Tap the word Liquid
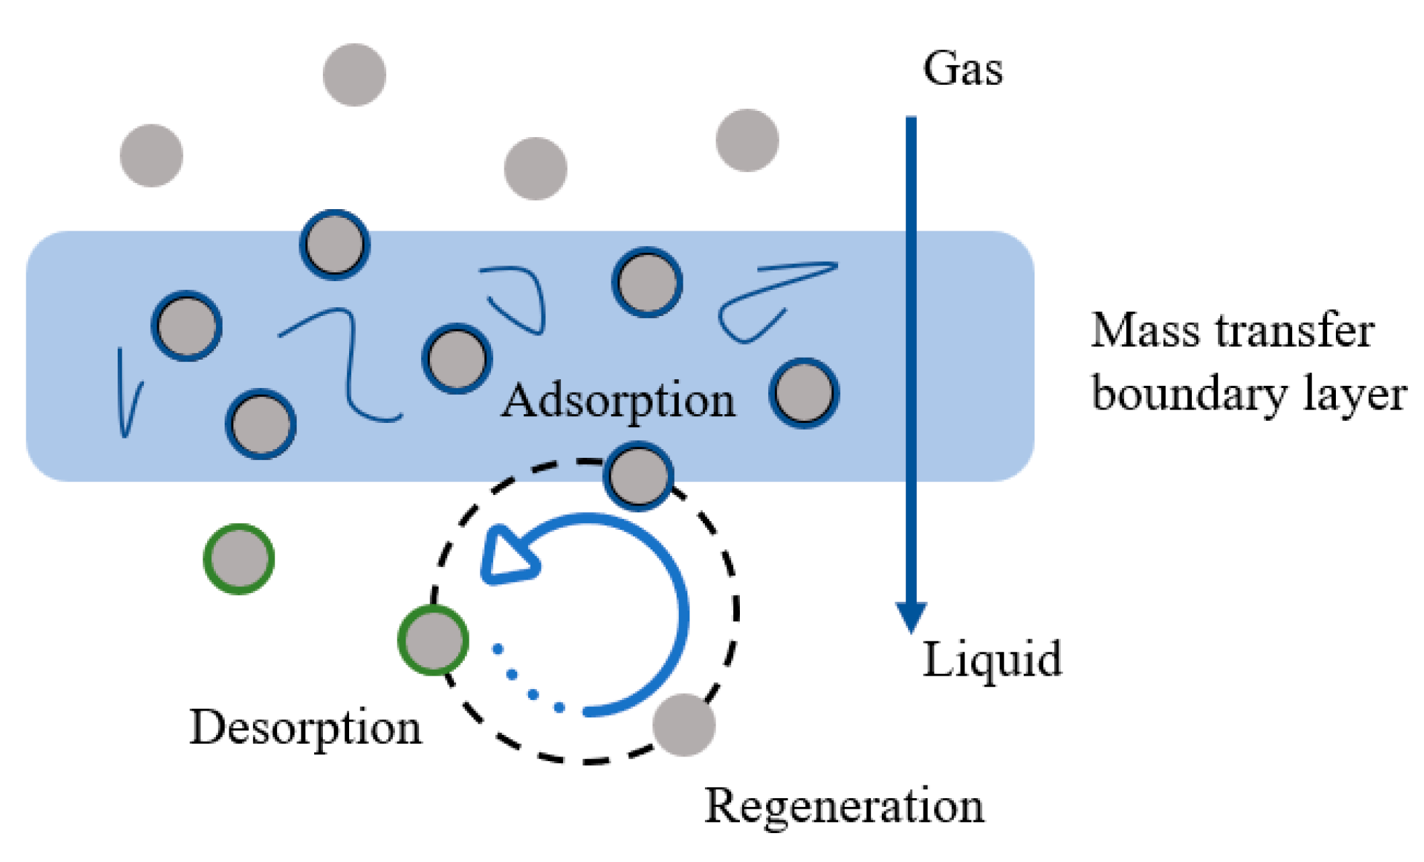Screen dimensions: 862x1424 click(991, 660)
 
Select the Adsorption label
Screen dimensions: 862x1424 click(618, 401)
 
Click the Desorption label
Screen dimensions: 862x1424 click(305, 728)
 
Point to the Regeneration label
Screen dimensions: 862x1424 click(844, 806)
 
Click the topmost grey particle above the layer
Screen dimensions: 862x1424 click(354, 75)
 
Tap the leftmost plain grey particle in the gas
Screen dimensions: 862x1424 click(151, 155)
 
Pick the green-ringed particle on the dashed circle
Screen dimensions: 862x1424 click(433, 640)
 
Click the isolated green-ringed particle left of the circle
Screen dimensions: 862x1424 click(239, 559)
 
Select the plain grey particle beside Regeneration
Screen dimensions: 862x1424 click(683, 725)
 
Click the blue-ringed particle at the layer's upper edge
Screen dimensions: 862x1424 click(334, 244)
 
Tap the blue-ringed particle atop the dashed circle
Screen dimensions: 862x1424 click(638, 476)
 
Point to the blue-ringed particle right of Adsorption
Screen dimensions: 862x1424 click(804, 393)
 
